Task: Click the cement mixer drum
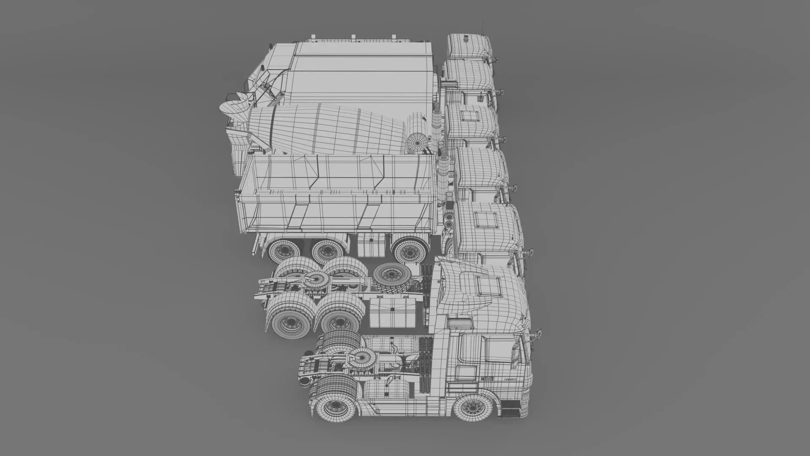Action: tap(333, 129)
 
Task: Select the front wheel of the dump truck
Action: tap(408, 251)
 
